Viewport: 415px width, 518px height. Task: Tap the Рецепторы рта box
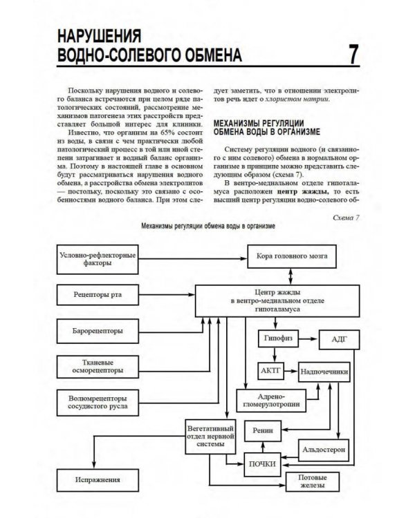point(98,295)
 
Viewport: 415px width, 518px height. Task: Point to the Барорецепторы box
point(98,331)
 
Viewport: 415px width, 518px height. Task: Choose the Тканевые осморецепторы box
point(98,366)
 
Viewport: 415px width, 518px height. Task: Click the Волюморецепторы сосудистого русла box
point(98,403)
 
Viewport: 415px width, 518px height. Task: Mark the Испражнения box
point(98,479)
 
